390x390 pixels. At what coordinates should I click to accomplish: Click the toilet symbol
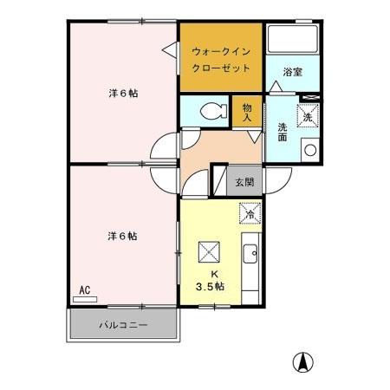click(x=205, y=111)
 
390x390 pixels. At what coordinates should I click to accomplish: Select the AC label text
click(x=85, y=290)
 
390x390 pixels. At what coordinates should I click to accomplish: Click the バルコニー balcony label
click(x=122, y=326)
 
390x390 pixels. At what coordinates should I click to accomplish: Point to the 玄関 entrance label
click(x=244, y=182)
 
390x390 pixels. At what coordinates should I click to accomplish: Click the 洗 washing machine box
click(x=309, y=115)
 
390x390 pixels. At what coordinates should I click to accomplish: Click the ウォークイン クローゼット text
click(x=221, y=59)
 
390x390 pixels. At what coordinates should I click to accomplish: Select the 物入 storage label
click(x=246, y=111)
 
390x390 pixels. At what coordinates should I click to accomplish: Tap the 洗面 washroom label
click(x=283, y=133)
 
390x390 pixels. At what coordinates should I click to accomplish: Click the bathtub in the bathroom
click(x=292, y=40)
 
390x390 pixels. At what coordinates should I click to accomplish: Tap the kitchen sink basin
click(x=250, y=254)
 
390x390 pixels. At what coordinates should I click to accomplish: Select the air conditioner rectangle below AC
click(x=85, y=300)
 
